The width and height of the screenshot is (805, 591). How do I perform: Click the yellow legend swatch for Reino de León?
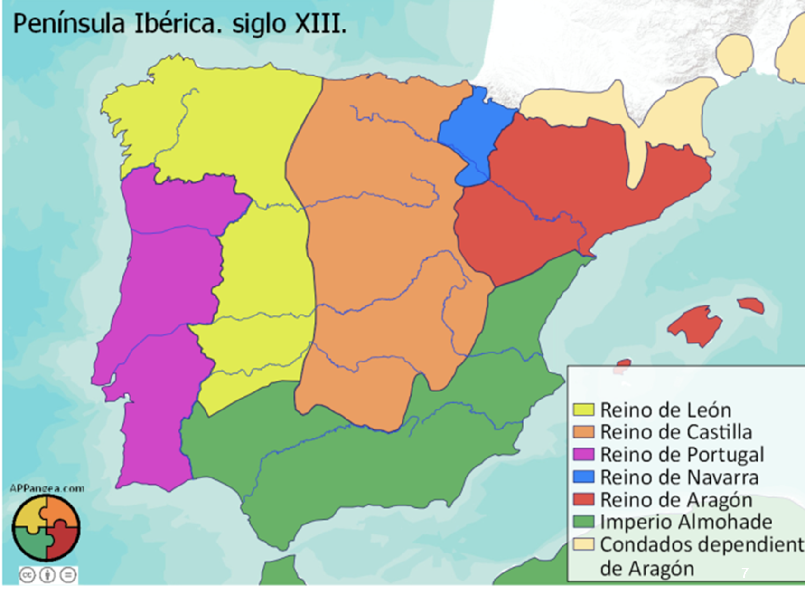pyautogui.click(x=583, y=410)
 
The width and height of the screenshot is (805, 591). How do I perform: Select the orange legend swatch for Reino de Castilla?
pyautogui.click(x=583, y=432)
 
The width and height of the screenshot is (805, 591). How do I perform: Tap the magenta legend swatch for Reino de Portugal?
pyautogui.click(x=583, y=455)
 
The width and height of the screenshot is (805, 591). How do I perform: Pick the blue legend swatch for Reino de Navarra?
pyautogui.click(x=583, y=477)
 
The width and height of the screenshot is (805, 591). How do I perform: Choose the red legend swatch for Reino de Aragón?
pyautogui.click(x=583, y=499)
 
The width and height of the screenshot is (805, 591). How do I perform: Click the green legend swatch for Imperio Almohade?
pyautogui.click(x=583, y=522)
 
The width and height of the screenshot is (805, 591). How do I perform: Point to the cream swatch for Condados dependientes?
pyautogui.click(x=583, y=544)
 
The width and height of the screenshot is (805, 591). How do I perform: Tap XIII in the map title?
pyautogui.click(x=321, y=24)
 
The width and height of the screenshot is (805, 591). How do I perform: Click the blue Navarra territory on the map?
pyautogui.click(x=470, y=133)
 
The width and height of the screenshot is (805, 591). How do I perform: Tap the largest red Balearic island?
pyautogui.click(x=696, y=325)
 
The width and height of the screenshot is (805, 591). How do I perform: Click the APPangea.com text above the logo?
pyautogui.click(x=47, y=488)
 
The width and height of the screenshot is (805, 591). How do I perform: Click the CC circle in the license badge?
pyautogui.click(x=28, y=575)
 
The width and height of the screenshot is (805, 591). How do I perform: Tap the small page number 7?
pyautogui.click(x=744, y=573)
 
